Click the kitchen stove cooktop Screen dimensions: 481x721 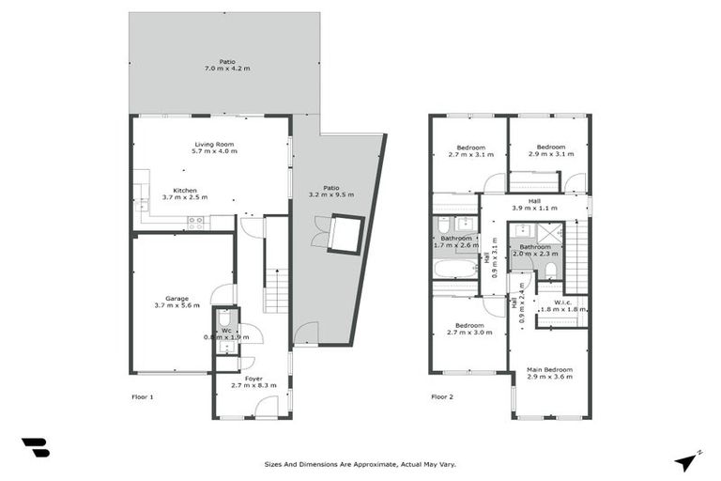click(196, 222)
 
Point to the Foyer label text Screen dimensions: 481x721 click(228, 379)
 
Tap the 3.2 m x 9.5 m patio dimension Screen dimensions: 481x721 click(330, 194)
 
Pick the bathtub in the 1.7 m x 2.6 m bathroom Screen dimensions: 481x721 click(455, 270)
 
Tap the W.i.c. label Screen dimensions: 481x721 click(563, 302)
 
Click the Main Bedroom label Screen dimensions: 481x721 click(549, 369)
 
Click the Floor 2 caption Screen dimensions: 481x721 click(442, 397)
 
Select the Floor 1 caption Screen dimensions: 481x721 click(142, 397)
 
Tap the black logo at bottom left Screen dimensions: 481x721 click(35, 448)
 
